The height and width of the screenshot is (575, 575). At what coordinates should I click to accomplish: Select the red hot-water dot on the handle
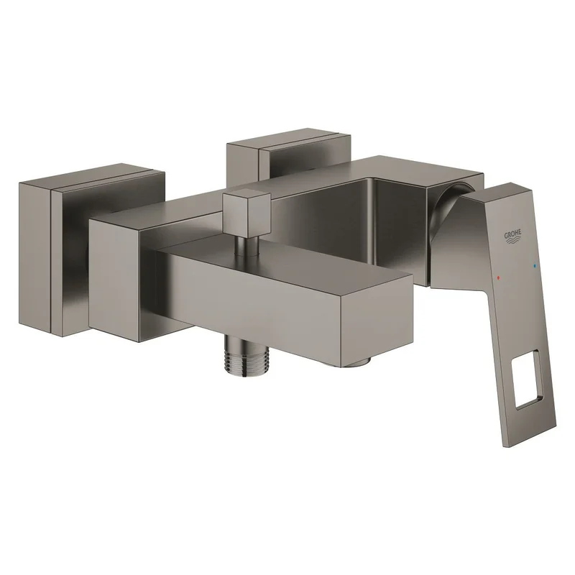497,278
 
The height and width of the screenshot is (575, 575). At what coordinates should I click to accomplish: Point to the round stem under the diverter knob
242,246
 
